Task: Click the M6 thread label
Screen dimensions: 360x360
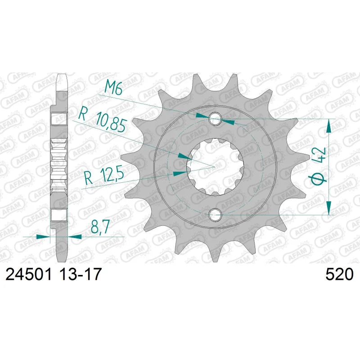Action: pos(113,88)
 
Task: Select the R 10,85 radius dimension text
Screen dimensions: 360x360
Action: pos(102,121)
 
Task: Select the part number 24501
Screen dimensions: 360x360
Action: pos(28,274)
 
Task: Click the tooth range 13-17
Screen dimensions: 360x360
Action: pos(80,274)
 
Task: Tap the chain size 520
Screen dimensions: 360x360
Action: pos(340,274)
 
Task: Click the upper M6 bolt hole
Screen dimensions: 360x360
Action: pos(215,119)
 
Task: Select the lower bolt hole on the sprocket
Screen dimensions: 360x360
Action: pos(215,215)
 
